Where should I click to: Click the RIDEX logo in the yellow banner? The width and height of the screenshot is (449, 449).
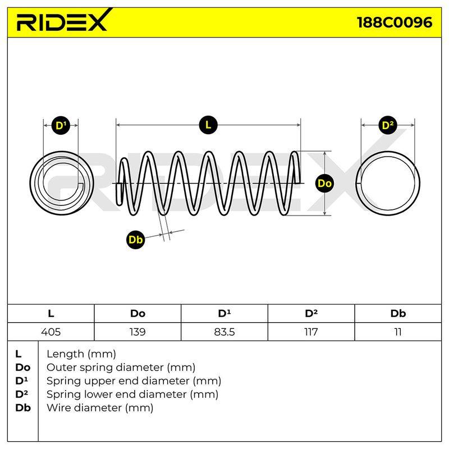(64, 21)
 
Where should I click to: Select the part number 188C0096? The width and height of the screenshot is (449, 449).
(395, 22)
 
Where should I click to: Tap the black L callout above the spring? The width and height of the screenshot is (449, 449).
(208, 125)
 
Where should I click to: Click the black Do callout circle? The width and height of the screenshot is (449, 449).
(324, 183)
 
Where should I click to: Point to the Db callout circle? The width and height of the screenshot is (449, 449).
(135, 240)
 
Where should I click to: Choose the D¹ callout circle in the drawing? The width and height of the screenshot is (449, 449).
(61, 125)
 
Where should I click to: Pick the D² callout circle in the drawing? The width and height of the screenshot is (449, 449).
(388, 125)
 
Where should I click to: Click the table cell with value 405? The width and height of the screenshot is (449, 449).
(51, 332)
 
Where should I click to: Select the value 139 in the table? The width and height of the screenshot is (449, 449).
(138, 332)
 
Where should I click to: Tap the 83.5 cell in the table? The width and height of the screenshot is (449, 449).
(224, 332)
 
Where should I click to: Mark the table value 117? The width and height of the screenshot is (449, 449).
(311, 332)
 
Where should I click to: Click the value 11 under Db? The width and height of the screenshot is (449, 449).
(398, 332)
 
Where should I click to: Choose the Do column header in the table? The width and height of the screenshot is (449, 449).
(138, 314)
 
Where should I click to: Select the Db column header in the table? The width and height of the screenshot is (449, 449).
(398, 314)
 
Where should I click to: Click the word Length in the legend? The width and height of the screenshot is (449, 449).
(66, 354)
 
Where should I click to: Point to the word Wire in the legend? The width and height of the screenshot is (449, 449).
(57, 407)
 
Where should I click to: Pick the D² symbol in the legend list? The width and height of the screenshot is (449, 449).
(22, 394)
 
